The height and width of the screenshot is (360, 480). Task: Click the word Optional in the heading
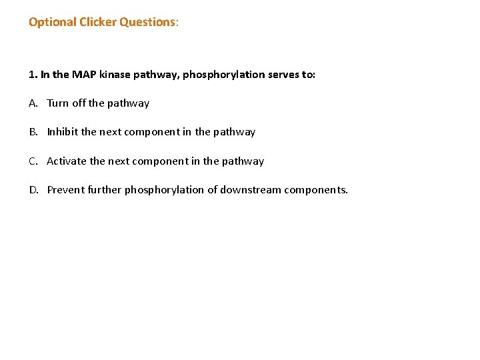[51, 22]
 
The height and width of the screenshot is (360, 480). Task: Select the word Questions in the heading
[147, 22]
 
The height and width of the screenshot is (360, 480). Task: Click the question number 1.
[32, 74]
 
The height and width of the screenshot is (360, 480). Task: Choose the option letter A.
[33, 103]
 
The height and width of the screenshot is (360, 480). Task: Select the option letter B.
[33, 132]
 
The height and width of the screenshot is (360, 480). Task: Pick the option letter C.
[33, 161]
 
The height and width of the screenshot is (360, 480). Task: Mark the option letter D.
[33, 190]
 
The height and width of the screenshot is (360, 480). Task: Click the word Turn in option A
[58, 103]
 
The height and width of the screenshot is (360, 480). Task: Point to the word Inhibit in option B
[62, 132]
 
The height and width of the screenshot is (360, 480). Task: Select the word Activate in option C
[67, 161]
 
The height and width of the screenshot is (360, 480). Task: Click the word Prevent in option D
[65, 190]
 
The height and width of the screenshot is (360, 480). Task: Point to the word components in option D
[315, 190]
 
